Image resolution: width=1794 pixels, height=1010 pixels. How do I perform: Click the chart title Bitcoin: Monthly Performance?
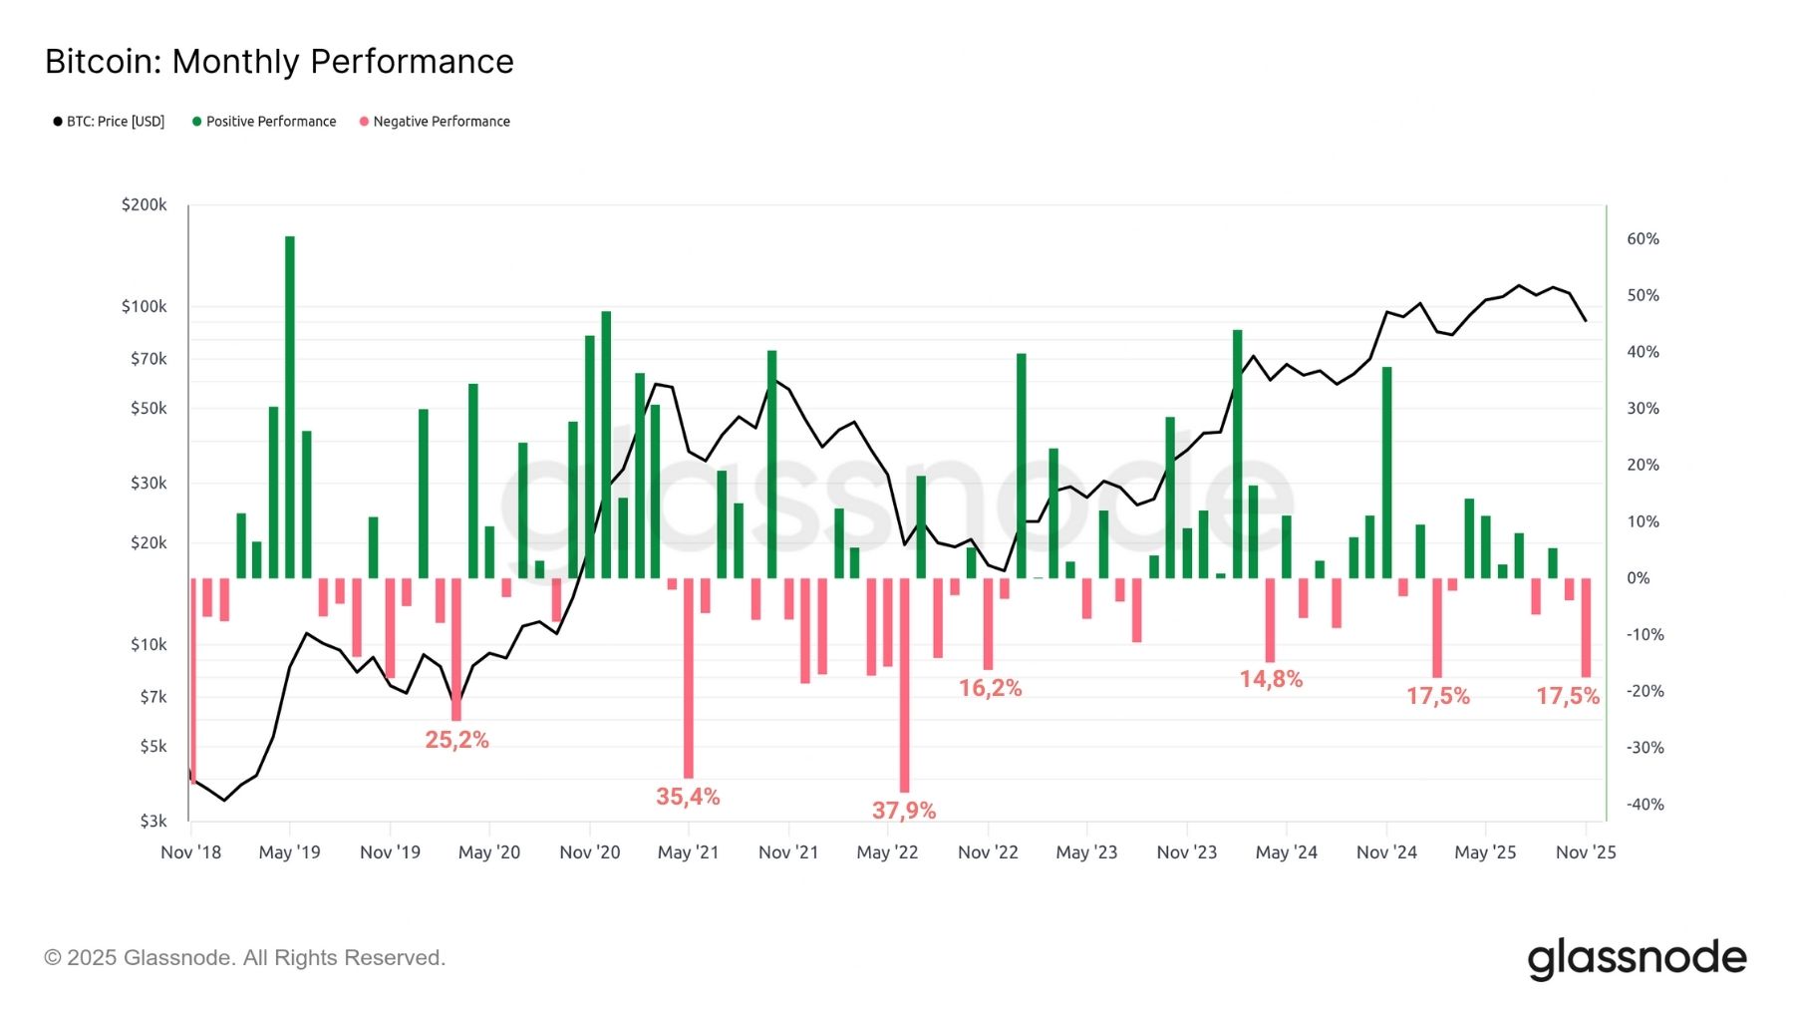pyautogui.click(x=279, y=62)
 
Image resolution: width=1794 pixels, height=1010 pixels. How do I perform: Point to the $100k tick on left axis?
pyautogui.click(x=145, y=306)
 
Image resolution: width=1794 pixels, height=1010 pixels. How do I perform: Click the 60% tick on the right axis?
pyautogui.click(x=1643, y=239)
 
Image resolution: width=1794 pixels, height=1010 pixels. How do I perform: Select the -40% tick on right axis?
pyautogui.click(x=1644, y=805)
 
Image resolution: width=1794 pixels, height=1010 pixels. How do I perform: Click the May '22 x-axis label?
pyautogui.click(x=887, y=852)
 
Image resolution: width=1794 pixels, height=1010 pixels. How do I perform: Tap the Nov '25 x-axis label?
pyautogui.click(x=1585, y=852)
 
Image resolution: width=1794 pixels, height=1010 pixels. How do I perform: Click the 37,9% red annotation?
pyautogui.click(x=903, y=811)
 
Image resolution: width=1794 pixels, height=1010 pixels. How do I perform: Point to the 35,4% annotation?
pyautogui.click(x=688, y=797)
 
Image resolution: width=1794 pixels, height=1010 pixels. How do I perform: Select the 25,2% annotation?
pyautogui.click(x=456, y=740)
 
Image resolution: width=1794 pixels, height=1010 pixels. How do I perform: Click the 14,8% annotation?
pyautogui.click(x=1271, y=679)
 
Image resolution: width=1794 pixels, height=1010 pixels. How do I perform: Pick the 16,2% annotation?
pyautogui.click(x=990, y=688)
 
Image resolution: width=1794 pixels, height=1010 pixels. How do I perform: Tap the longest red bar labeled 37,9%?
pyautogui.click(x=904, y=688)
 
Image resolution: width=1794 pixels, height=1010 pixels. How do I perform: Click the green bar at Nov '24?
pyautogui.click(x=1386, y=474)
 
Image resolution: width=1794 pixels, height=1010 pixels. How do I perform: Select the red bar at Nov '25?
pyautogui.click(x=1586, y=628)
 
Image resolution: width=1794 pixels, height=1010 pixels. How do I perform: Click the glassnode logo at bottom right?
pyautogui.click(x=1637, y=958)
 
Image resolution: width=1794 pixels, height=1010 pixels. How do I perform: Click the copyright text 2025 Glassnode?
pyautogui.click(x=244, y=958)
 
